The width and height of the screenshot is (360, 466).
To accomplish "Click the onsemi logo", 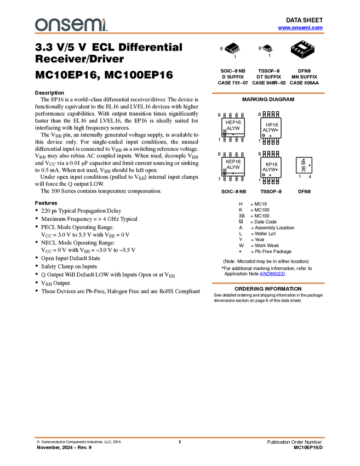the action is [71, 24].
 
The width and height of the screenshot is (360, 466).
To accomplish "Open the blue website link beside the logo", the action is [300, 27].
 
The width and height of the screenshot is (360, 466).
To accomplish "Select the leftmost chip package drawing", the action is [232, 49].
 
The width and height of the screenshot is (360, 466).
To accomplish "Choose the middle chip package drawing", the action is [267, 49].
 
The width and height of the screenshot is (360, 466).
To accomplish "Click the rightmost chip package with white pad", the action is [302, 48].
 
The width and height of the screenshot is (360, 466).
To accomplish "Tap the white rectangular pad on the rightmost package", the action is [304, 47].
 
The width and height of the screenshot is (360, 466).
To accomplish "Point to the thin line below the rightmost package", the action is [302, 58].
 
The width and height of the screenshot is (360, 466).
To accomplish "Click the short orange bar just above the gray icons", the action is [268, 93].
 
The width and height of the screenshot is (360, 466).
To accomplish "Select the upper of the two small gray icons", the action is [225, 131].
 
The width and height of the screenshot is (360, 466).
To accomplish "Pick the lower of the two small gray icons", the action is [225, 171].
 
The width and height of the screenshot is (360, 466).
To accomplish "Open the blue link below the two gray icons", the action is [272, 274].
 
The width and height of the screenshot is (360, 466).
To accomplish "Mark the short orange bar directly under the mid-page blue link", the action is [268, 283].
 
